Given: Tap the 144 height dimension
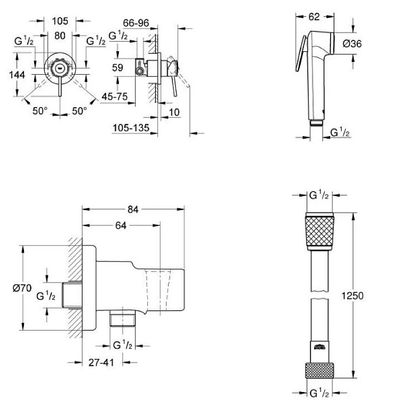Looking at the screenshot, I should (18, 75).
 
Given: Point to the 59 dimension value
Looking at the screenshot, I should (118, 68).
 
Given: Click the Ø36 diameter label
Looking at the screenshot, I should (353, 45).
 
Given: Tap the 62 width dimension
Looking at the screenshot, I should (313, 17).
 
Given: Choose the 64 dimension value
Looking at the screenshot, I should (121, 226).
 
